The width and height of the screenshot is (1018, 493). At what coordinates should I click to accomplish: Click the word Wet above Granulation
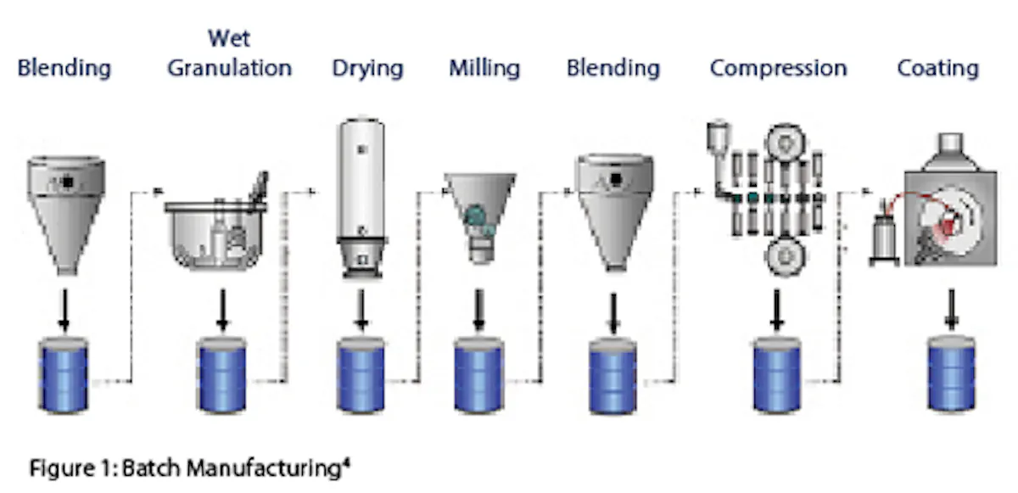[x=229, y=38]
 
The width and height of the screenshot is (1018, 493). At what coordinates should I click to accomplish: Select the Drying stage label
[x=367, y=69]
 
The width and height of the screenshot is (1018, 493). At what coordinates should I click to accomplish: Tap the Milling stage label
[x=484, y=69]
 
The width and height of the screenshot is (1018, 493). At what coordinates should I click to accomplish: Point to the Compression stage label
[x=779, y=69]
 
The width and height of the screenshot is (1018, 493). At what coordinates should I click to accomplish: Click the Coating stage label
[x=938, y=69]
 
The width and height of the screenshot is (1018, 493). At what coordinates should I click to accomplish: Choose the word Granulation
[x=230, y=68]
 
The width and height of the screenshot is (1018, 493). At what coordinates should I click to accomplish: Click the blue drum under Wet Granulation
[x=221, y=375]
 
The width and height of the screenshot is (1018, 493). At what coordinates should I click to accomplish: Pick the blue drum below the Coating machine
[x=951, y=374]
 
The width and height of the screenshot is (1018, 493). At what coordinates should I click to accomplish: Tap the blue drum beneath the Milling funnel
[x=478, y=375]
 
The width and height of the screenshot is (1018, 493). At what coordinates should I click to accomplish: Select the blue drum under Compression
[x=777, y=375]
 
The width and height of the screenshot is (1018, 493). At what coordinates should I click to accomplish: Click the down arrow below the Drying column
[x=361, y=310]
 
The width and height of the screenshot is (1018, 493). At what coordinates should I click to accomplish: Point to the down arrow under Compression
[x=777, y=310]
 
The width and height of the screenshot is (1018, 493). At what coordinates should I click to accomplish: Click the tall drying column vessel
[x=361, y=198]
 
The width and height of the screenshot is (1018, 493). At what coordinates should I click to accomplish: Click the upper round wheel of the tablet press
[x=786, y=143]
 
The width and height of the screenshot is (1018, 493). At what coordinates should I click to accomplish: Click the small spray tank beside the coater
[x=884, y=238]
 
